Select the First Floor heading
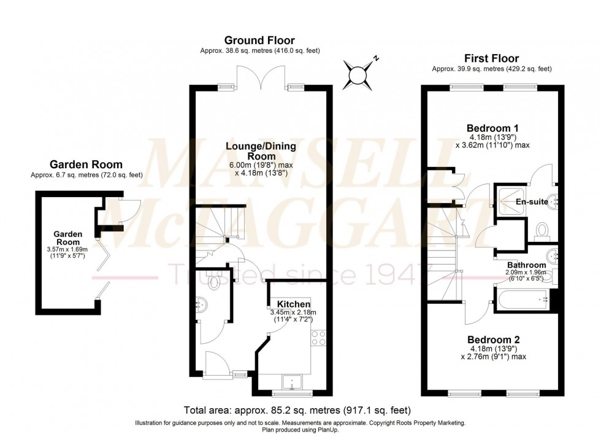(491, 58)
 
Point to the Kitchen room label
(293, 304)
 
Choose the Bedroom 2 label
(493, 339)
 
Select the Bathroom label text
(526, 265)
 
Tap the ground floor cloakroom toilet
(214, 282)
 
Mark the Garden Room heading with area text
(86, 169)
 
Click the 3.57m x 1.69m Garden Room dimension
(67, 249)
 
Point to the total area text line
(297, 410)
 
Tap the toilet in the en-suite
(542, 231)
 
